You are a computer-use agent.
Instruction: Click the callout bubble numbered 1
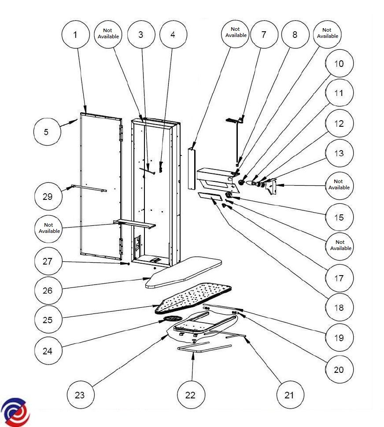75,35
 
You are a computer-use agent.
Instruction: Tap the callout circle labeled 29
48,197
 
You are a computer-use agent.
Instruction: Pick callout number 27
48,261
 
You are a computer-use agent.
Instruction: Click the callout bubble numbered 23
80,395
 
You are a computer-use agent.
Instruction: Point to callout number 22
190,395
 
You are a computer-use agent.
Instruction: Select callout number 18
339,308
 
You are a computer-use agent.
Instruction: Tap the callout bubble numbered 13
339,154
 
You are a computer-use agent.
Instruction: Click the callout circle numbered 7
264,35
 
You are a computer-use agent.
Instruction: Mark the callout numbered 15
339,217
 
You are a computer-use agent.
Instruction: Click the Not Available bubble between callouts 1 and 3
108,34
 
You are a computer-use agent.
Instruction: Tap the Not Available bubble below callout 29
49,228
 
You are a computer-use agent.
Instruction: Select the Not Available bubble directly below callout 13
339,184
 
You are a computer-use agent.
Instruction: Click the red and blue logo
15,412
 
